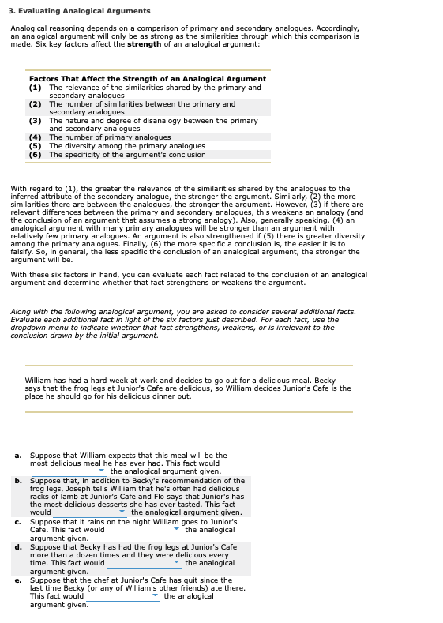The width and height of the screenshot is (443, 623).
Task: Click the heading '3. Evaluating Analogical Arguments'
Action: click(x=80, y=11)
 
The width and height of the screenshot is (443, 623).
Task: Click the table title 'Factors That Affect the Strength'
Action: click(x=147, y=79)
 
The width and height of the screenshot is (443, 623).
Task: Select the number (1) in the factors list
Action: click(x=35, y=87)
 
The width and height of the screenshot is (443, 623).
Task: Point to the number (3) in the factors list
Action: click(x=35, y=121)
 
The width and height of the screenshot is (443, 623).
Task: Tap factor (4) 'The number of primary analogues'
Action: click(x=110, y=137)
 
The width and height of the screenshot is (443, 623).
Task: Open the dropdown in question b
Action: click(x=91, y=512)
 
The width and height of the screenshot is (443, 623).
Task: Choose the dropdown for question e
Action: click(x=123, y=596)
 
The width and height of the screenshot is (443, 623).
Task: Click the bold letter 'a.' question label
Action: click(x=18, y=456)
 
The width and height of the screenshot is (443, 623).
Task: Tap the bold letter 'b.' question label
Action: click(x=18, y=480)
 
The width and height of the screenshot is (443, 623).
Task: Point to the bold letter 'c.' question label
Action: click(x=18, y=521)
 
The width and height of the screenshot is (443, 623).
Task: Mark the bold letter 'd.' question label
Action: click(x=18, y=546)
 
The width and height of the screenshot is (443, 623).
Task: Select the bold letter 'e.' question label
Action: click(x=18, y=580)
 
